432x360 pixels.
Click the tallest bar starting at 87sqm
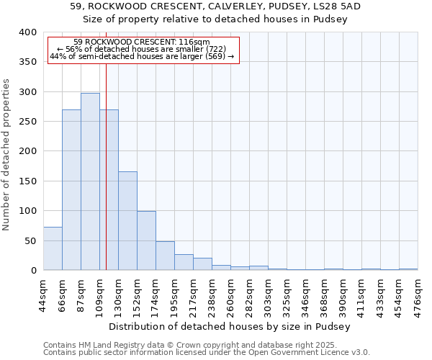coord(90,181)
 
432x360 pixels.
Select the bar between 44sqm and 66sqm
coord(53,248)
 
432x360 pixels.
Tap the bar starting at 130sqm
coord(127,221)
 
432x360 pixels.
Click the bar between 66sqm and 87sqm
coord(71,190)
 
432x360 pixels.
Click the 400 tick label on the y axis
coord(27,32)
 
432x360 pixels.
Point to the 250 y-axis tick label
coord(27,122)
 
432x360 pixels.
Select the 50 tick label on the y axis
coord(30,240)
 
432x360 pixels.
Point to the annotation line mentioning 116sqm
coord(142,42)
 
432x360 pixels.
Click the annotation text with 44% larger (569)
coord(142,56)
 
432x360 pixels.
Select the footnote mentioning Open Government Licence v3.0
coord(207,353)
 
